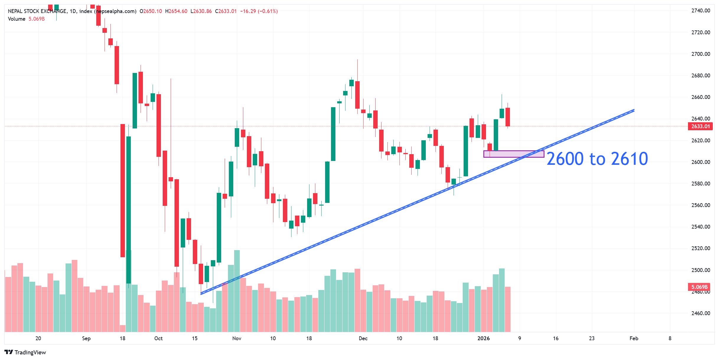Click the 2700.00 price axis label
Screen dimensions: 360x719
coord(700,54)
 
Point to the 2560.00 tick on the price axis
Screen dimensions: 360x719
coord(700,205)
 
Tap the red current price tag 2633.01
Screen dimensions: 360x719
coord(700,126)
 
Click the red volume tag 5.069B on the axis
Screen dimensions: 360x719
coord(699,287)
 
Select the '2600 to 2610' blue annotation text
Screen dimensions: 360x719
coord(597,159)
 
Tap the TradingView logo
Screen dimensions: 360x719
coord(25,352)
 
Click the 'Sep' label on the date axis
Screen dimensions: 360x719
coord(86,338)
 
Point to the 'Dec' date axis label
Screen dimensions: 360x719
coord(363,338)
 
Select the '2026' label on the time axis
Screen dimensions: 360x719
coord(483,338)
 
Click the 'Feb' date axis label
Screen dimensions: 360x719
coord(634,338)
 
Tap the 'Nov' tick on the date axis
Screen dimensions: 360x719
coord(237,338)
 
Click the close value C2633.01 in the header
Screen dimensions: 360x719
coord(226,11)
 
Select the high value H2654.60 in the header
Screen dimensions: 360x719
coord(176,11)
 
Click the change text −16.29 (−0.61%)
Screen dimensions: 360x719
coord(259,11)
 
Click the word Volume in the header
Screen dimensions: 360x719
coord(17,19)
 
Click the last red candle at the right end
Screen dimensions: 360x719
coord(508,117)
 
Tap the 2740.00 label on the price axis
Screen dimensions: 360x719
coord(700,11)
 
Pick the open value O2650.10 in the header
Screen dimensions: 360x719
coord(151,11)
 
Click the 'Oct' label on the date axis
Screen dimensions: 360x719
coord(158,338)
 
